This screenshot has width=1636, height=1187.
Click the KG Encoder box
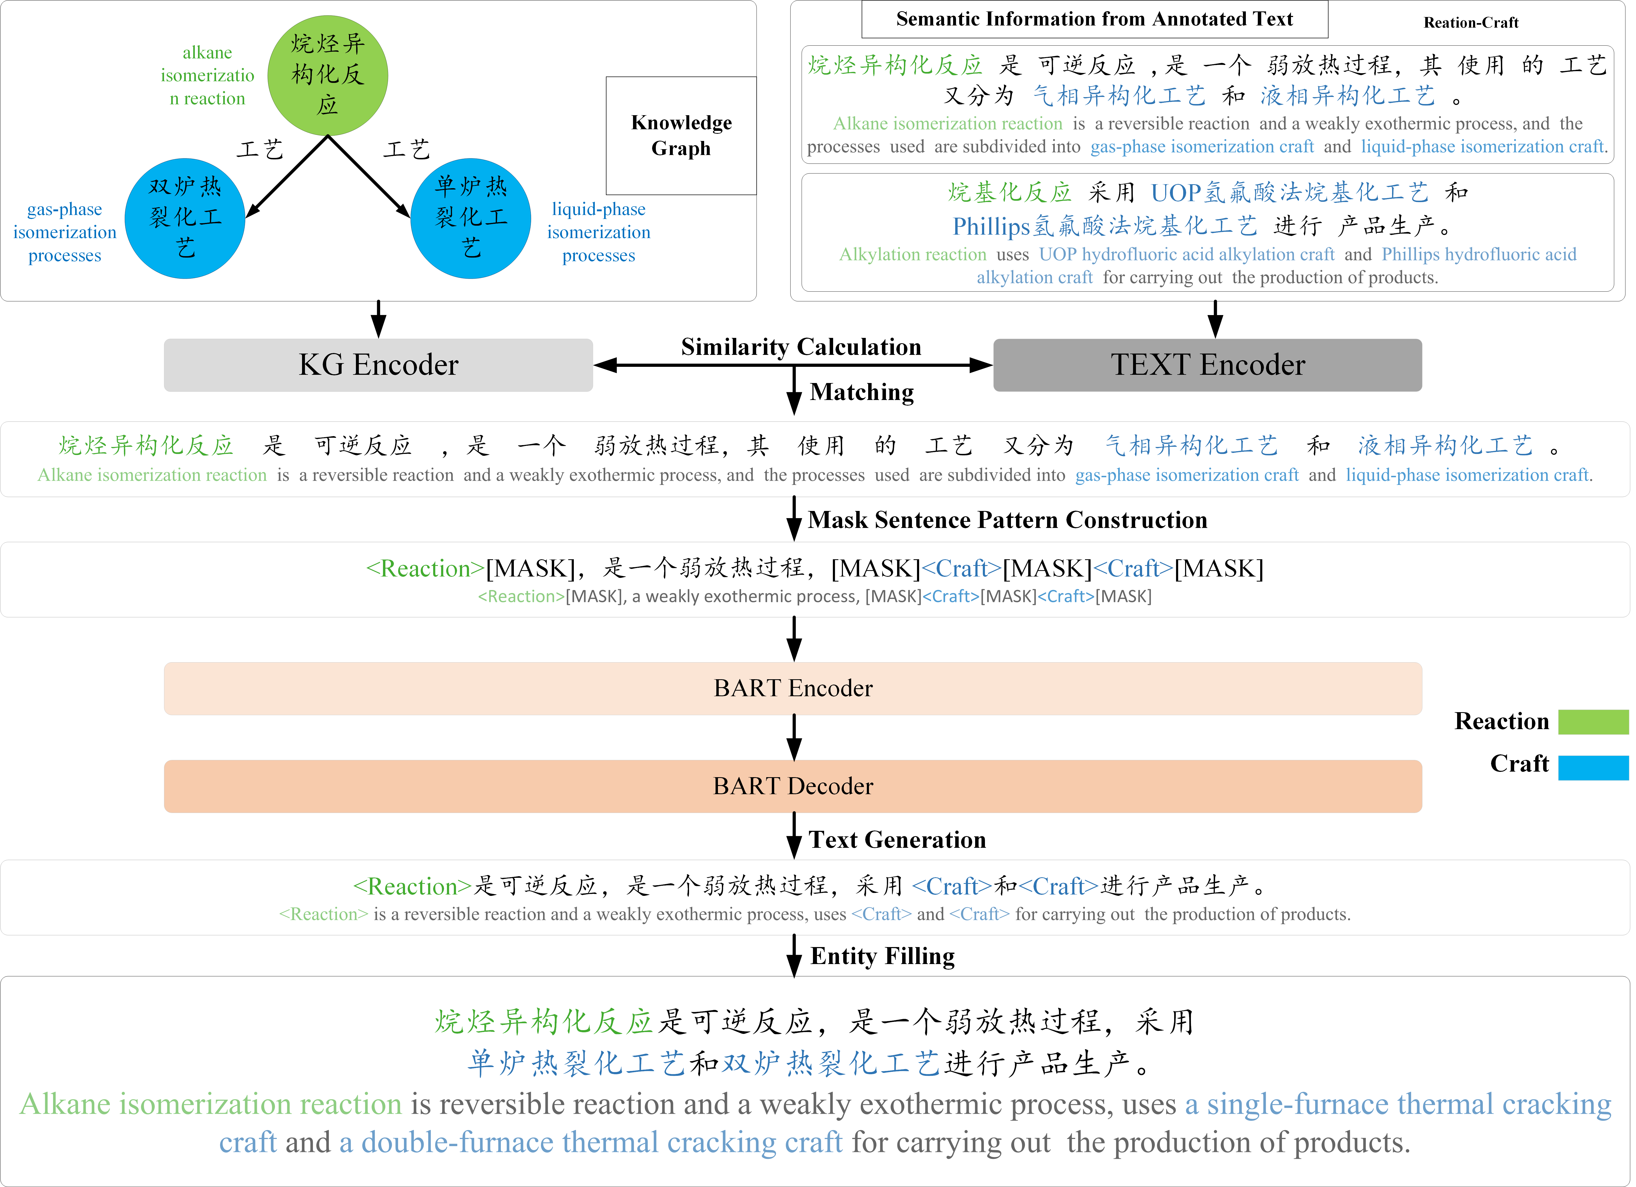[x=378, y=365]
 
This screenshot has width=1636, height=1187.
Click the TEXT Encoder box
[x=1207, y=365]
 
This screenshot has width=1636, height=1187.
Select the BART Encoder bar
[x=793, y=688]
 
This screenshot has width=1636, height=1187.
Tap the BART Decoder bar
[x=793, y=786]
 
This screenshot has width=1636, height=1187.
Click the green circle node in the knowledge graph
[x=328, y=75]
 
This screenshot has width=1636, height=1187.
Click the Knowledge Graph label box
[x=681, y=136]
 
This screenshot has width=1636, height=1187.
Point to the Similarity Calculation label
[x=801, y=347]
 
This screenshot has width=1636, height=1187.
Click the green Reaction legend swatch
[x=1593, y=722]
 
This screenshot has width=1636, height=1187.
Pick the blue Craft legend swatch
[x=1593, y=767]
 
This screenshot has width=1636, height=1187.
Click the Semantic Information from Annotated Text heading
[x=1094, y=19]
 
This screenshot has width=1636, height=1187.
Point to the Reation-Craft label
[x=1471, y=22]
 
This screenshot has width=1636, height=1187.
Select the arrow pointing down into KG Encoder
[x=378, y=319]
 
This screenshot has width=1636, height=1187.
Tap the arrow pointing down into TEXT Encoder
[x=1215, y=319]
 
